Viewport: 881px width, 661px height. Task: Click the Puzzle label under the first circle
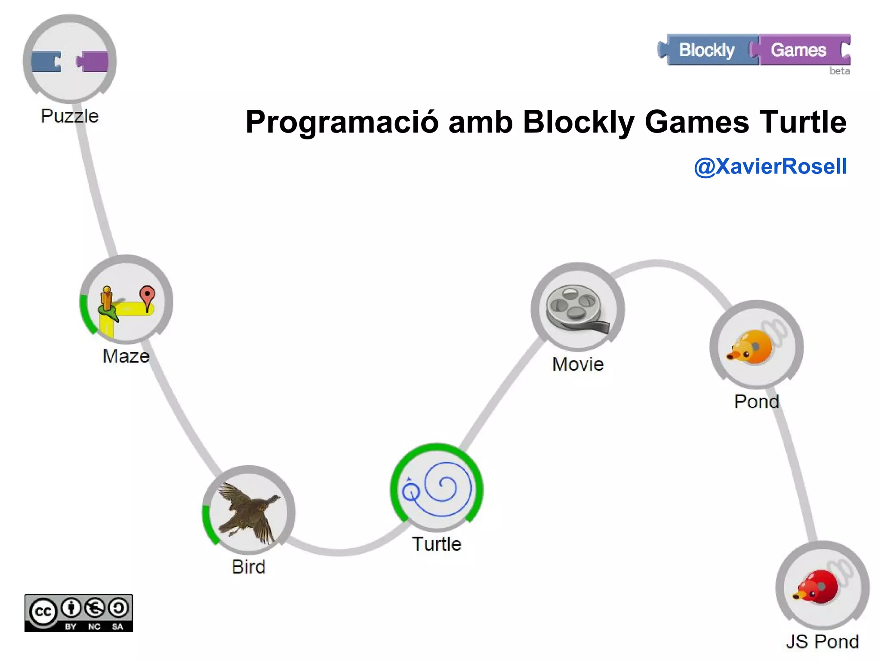pos(70,116)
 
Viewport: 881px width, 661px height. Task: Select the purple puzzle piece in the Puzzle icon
pos(92,62)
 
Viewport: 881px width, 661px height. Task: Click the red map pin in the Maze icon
pos(147,297)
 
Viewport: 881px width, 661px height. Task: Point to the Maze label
pos(126,356)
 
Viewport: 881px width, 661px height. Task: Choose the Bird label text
pos(249,567)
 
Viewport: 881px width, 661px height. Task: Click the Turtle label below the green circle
pos(437,544)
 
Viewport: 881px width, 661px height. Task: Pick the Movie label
pos(578,364)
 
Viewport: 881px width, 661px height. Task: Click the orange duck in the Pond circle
pos(751,347)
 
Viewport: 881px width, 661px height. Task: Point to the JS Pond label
pos(822,642)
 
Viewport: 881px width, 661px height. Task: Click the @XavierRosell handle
pos(770,167)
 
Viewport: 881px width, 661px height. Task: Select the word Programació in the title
pos(342,122)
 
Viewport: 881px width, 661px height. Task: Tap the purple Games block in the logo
pos(799,50)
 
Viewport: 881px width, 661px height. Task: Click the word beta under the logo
pos(839,71)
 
